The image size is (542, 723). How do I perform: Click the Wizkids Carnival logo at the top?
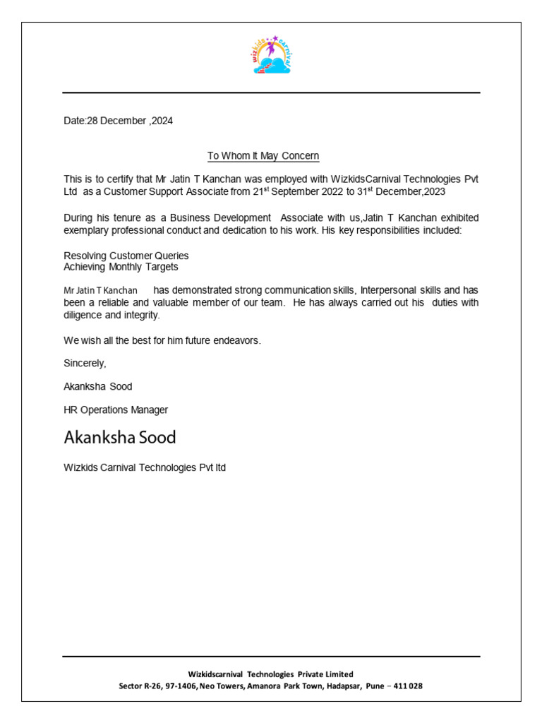272,55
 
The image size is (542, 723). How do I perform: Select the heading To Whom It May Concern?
263,155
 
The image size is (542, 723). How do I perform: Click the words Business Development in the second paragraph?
227,217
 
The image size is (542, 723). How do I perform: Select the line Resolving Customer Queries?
126,256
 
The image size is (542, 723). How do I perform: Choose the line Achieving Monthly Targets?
121,267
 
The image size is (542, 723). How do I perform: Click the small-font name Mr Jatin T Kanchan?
100,291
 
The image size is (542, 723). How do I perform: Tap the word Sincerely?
85,363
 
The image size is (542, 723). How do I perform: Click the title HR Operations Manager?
116,410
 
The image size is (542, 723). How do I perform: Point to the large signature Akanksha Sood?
120,438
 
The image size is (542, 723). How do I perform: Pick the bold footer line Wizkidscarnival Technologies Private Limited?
270,674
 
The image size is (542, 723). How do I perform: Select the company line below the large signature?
145,467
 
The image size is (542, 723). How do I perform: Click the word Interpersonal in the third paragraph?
391,290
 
